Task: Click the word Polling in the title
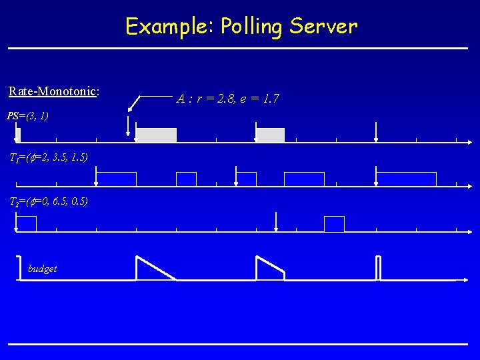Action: pyautogui.click(x=253, y=27)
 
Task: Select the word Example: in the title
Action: pyautogui.click(x=169, y=27)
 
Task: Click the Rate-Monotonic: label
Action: pyautogui.click(x=54, y=91)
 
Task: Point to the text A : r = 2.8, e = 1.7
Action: pyautogui.click(x=227, y=99)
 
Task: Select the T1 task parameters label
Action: pyautogui.click(x=48, y=157)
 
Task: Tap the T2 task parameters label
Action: pyautogui.click(x=48, y=201)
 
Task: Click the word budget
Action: pyautogui.click(x=43, y=269)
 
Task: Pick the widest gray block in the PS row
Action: pyautogui.click(x=156, y=135)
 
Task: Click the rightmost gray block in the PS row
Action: pyautogui.click(x=271, y=135)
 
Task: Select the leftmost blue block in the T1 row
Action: pyautogui.click(x=117, y=179)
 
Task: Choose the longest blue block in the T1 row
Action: pyautogui.click(x=406, y=179)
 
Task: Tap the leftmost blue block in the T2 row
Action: pyautogui.click(x=26, y=224)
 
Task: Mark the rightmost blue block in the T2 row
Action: pyautogui.click(x=334, y=224)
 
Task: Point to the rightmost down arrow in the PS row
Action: pyautogui.click(x=377, y=132)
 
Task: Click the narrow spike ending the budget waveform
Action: pyautogui.click(x=379, y=268)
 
